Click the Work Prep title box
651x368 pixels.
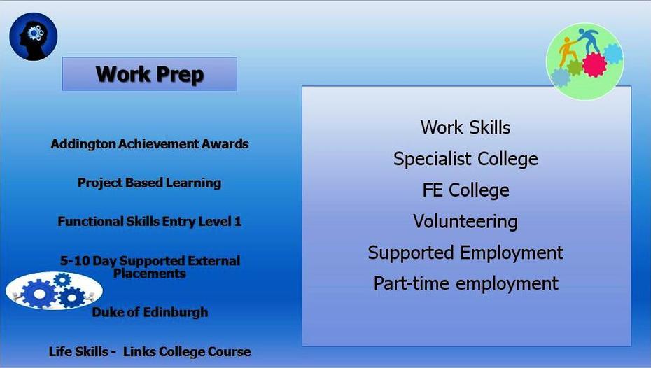click(x=150, y=74)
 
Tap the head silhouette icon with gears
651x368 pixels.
click(x=33, y=36)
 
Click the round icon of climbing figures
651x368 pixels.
click(x=584, y=62)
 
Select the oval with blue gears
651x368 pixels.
click(x=54, y=291)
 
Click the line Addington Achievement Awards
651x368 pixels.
click(x=150, y=143)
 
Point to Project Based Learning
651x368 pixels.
click(x=150, y=183)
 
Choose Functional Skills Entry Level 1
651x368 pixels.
click(x=150, y=221)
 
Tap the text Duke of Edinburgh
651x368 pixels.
click(x=150, y=312)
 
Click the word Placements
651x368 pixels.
click(x=150, y=274)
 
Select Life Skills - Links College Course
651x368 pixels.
click(x=150, y=351)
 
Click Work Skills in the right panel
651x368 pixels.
click(x=465, y=127)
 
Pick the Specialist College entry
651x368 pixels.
click(x=465, y=159)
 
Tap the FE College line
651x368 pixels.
click(x=465, y=190)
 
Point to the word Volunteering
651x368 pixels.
click(x=465, y=221)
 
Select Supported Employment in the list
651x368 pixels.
click(x=465, y=253)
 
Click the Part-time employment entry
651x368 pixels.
click(x=465, y=284)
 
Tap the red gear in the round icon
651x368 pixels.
click(x=594, y=65)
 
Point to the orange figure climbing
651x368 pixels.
click(x=568, y=50)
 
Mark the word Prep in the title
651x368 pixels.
click(x=180, y=75)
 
